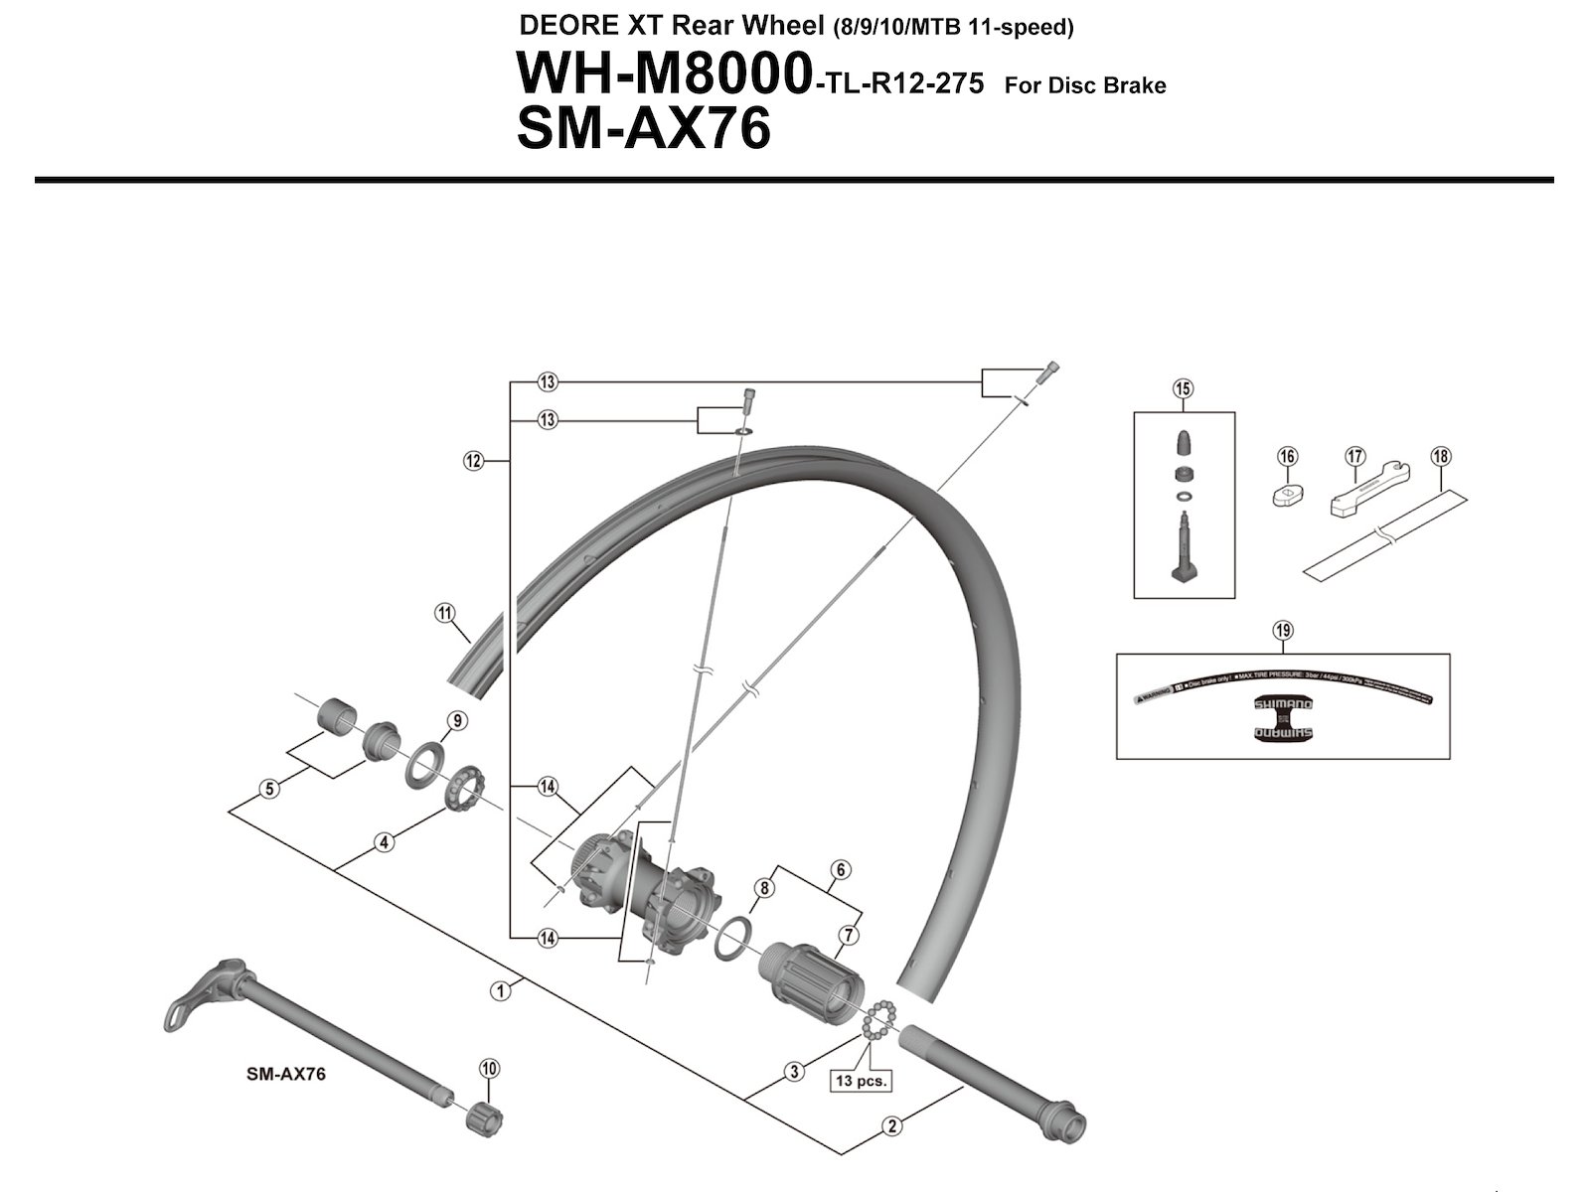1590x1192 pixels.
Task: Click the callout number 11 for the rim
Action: (x=444, y=612)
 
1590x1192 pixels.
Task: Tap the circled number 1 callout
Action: (x=501, y=989)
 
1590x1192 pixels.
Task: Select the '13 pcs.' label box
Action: (x=860, y=1080)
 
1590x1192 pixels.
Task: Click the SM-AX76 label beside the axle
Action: (x=286, y=1073)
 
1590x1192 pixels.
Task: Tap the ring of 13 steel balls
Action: (x=879, y=1021)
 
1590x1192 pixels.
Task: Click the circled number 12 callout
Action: (x=472, y=460)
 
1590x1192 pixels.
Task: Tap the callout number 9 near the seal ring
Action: (x=456, y=720)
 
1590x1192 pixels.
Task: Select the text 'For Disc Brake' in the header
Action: (x=1085, y=85)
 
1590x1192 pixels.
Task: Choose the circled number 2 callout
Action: (x=892, y=1125)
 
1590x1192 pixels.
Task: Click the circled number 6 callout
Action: (x=841, y=870)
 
